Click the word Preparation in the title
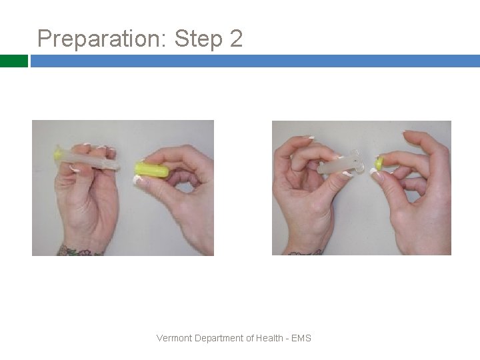pyautogui.click(x=101, y=39)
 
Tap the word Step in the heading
pyautogui.click(x=199, y=39)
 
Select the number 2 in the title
pyautogui.click(x=236, y=38)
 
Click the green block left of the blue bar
pyautogui.click(x=14, y=61)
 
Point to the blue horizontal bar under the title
pyautogui.click(x=255, y=61)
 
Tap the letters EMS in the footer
pyautogui.click(x=301, y=338)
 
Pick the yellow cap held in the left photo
pyautogui.click(x=152, y=170)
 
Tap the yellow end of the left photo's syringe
pyautogui.click(x=57, y=153)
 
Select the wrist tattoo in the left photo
pyautogui.click(x=79, y=251)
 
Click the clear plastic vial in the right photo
pyautogui.click(x=341, y=163)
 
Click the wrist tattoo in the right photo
pyautogui.click(x=305, y=253)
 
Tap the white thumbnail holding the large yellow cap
pyautogui.click(x=137, y=179)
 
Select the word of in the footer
pyautogui.click(x=250, y=338)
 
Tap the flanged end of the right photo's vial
pyautogui.click(x=358, y=161)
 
